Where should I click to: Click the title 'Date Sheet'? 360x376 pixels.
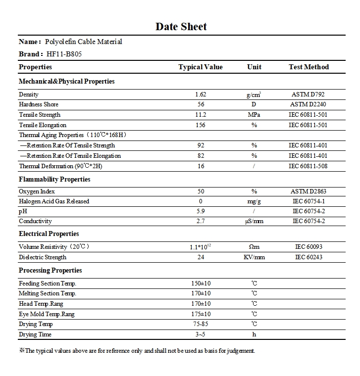[x=181, y=27]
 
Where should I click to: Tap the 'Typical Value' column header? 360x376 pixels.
[x=201, y=67]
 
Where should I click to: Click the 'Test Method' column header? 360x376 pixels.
[x=309, y=67]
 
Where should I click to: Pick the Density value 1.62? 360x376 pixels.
[x=201, y=94]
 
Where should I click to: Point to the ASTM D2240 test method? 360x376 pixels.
[x=308, y=104]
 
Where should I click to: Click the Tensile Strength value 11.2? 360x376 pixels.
[x=201, y=115]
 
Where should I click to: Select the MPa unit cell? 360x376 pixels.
[x=254, y=115]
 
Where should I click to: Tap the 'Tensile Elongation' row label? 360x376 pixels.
[x=43, y=125]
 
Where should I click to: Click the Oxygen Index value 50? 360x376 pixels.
[x=201, y=191]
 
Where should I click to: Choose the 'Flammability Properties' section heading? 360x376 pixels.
[x=54, y=180]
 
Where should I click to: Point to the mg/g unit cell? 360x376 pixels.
[x=254, y=201]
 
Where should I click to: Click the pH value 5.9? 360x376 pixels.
[x=201, y=211]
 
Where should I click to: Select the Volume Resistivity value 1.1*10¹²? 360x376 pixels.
[x=201, y=246]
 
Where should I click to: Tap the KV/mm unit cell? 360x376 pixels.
[x=254, y=257]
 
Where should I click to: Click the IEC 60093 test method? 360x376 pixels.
[x=308, y=247]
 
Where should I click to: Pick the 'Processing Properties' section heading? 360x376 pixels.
[x=51, y=271]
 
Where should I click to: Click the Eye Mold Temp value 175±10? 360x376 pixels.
[x=201, y=314]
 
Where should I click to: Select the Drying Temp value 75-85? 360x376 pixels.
[x=201, y=325]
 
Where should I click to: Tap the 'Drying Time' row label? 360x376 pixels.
[x=35, y=335]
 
